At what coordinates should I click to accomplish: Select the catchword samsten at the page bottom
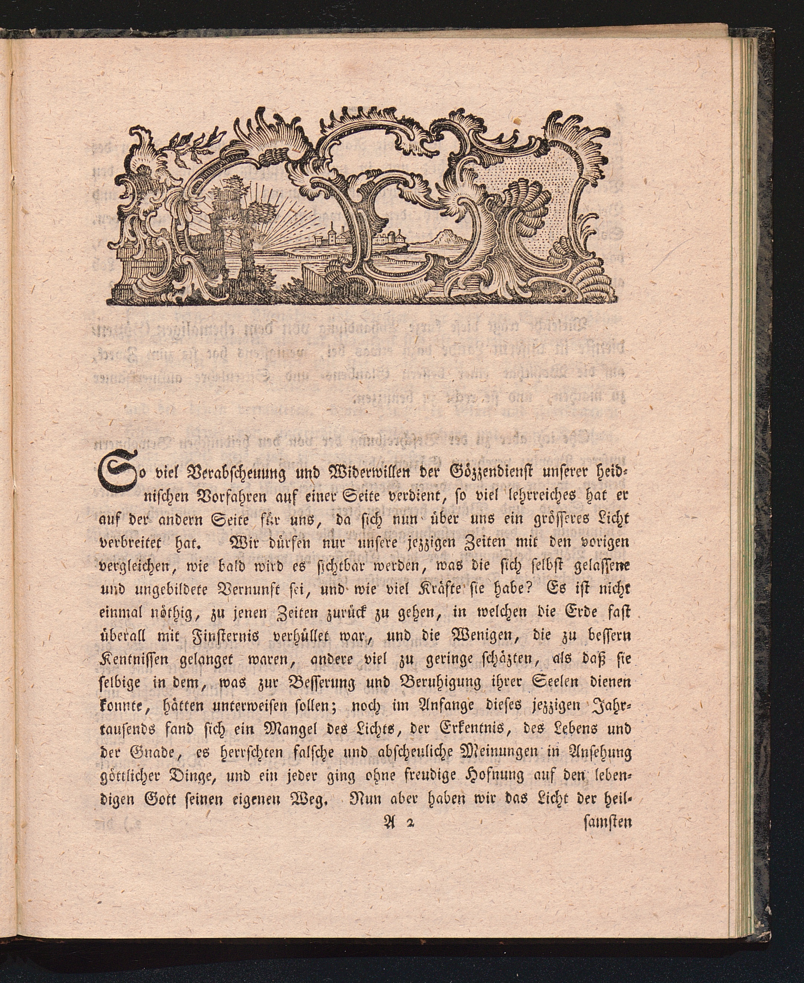606,849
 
